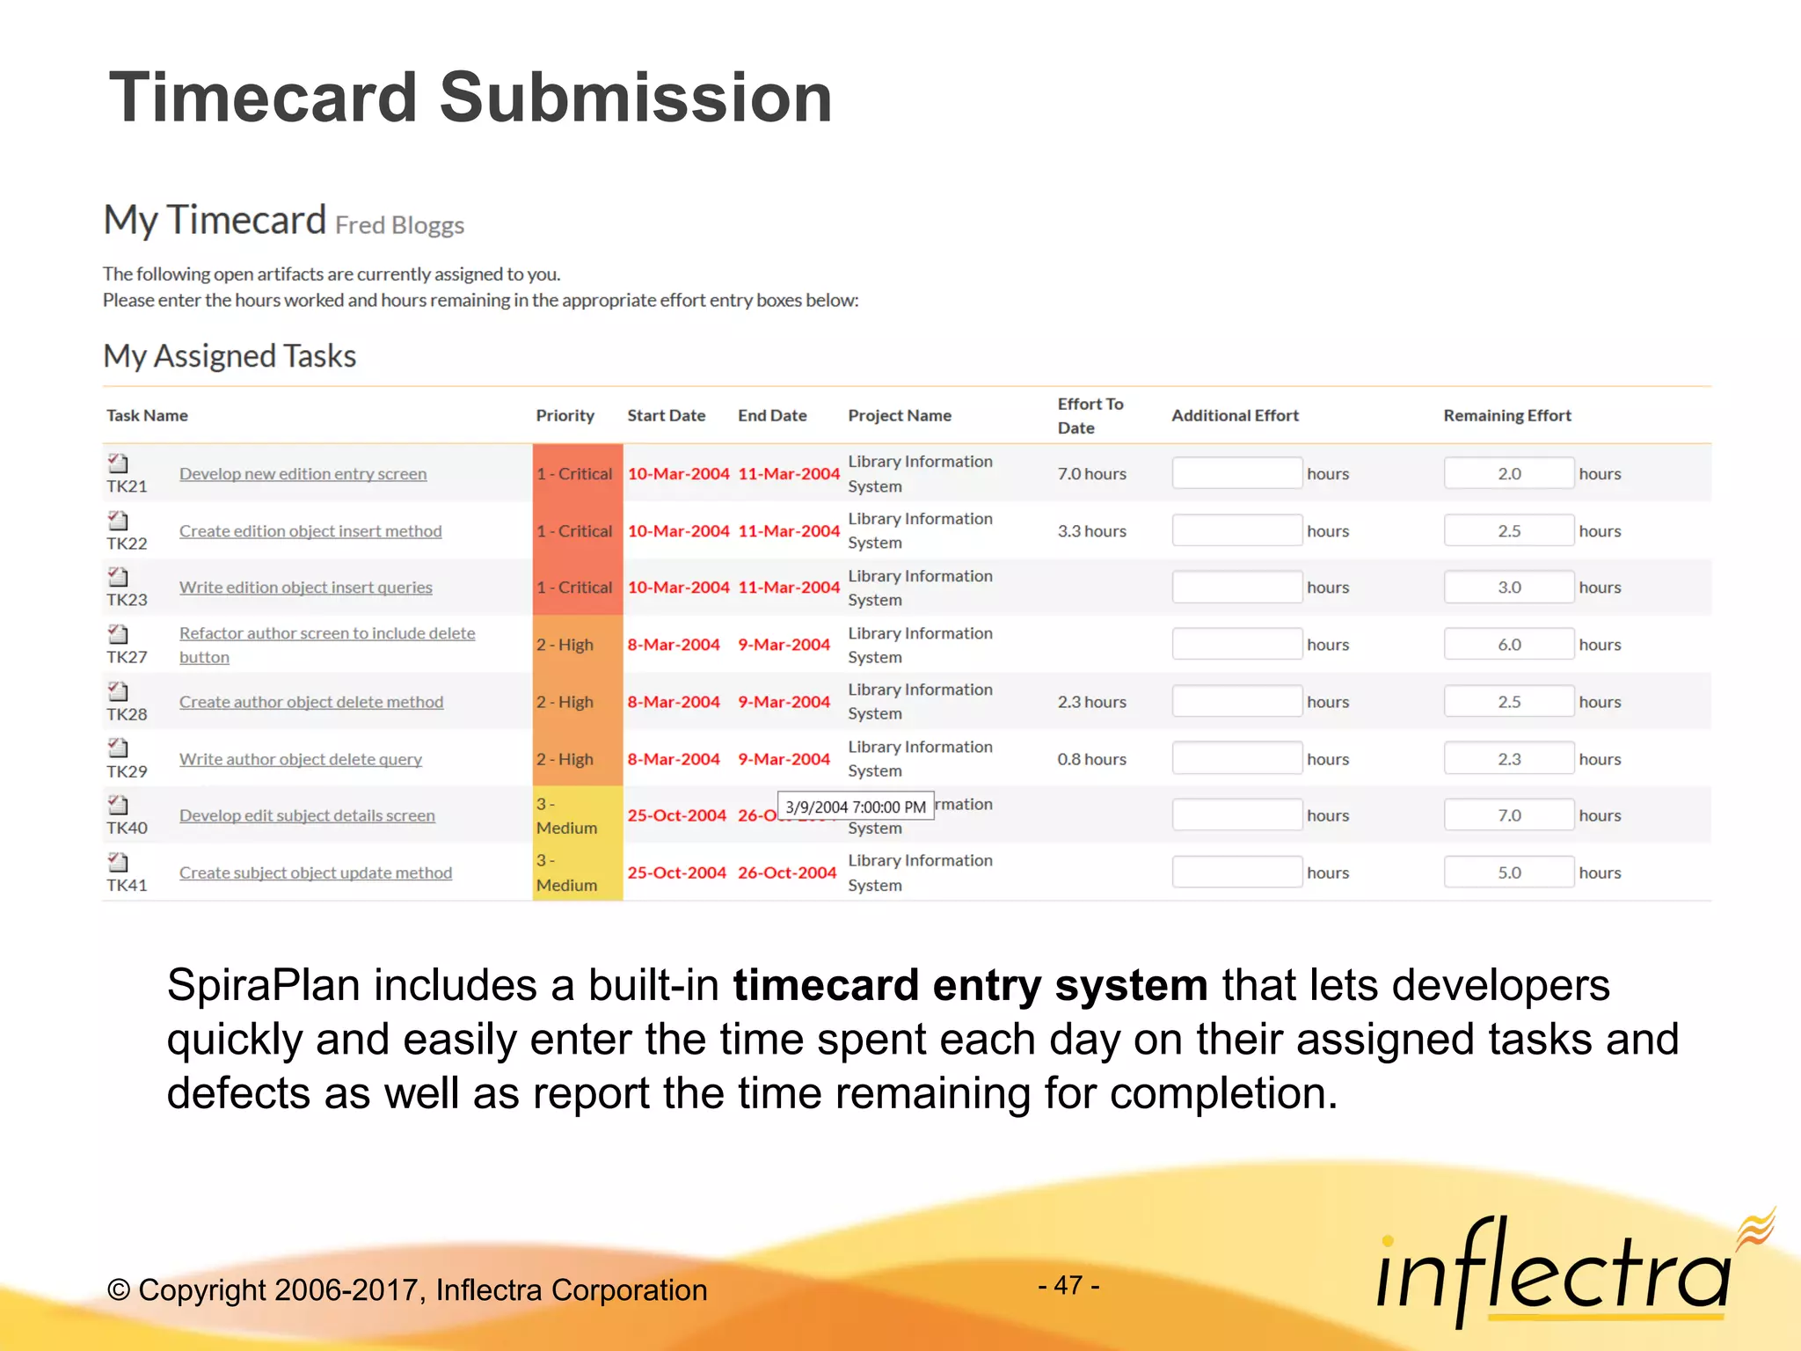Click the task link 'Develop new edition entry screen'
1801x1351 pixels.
pos(303,474)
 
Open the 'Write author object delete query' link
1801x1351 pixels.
pos(300,759)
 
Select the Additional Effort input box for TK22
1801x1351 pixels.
pos(1236,530)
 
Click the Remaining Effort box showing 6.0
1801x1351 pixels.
pos(1508,645)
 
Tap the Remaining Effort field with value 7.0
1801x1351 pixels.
pos(1508,815)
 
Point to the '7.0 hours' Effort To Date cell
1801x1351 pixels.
pos(1091,474)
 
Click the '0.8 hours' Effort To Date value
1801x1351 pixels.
pos(1091,759)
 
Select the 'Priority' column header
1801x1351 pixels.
pos(565,415)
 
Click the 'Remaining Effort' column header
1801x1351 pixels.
pos(1506,415)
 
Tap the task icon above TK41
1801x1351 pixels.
pos(118,862)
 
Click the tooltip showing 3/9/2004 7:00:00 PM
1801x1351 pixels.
pos(855,807)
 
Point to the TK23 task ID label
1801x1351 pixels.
pos(127,600)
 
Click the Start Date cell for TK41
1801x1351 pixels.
pos(676,873)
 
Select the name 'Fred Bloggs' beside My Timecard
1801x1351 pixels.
pos(399,225)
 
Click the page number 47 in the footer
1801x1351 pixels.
pos(1068,1286)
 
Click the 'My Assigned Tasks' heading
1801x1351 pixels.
pos(230,356)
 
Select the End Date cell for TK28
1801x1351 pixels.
pos(784,702)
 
